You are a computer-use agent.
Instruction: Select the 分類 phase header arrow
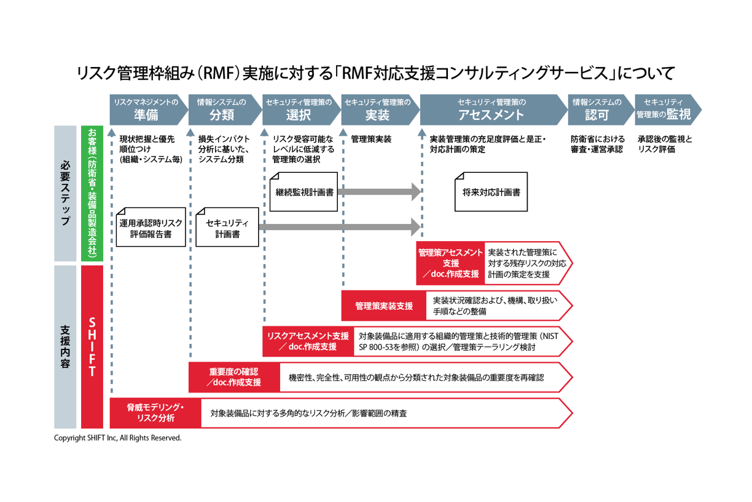coord(222,109)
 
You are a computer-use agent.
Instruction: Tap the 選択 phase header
coord(298,109)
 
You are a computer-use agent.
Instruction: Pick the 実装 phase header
coord(377,109)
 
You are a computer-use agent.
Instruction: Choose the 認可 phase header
coord(597,109)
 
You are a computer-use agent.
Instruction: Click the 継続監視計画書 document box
coord(304,192)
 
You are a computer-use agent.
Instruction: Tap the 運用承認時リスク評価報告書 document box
coord(151,228)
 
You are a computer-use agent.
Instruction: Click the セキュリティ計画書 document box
coord(227,228)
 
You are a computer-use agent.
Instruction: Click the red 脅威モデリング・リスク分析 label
coord(155,413)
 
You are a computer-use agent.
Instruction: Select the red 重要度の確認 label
coord(233,377)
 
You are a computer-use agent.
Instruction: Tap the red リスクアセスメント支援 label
coord(307,341)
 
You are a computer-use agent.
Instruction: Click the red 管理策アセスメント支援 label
coord(450,263)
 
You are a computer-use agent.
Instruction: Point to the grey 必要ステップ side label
coord(65,194)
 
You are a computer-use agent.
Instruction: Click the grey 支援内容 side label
coord(65,346)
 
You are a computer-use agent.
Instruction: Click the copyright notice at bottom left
coord(118,439)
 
